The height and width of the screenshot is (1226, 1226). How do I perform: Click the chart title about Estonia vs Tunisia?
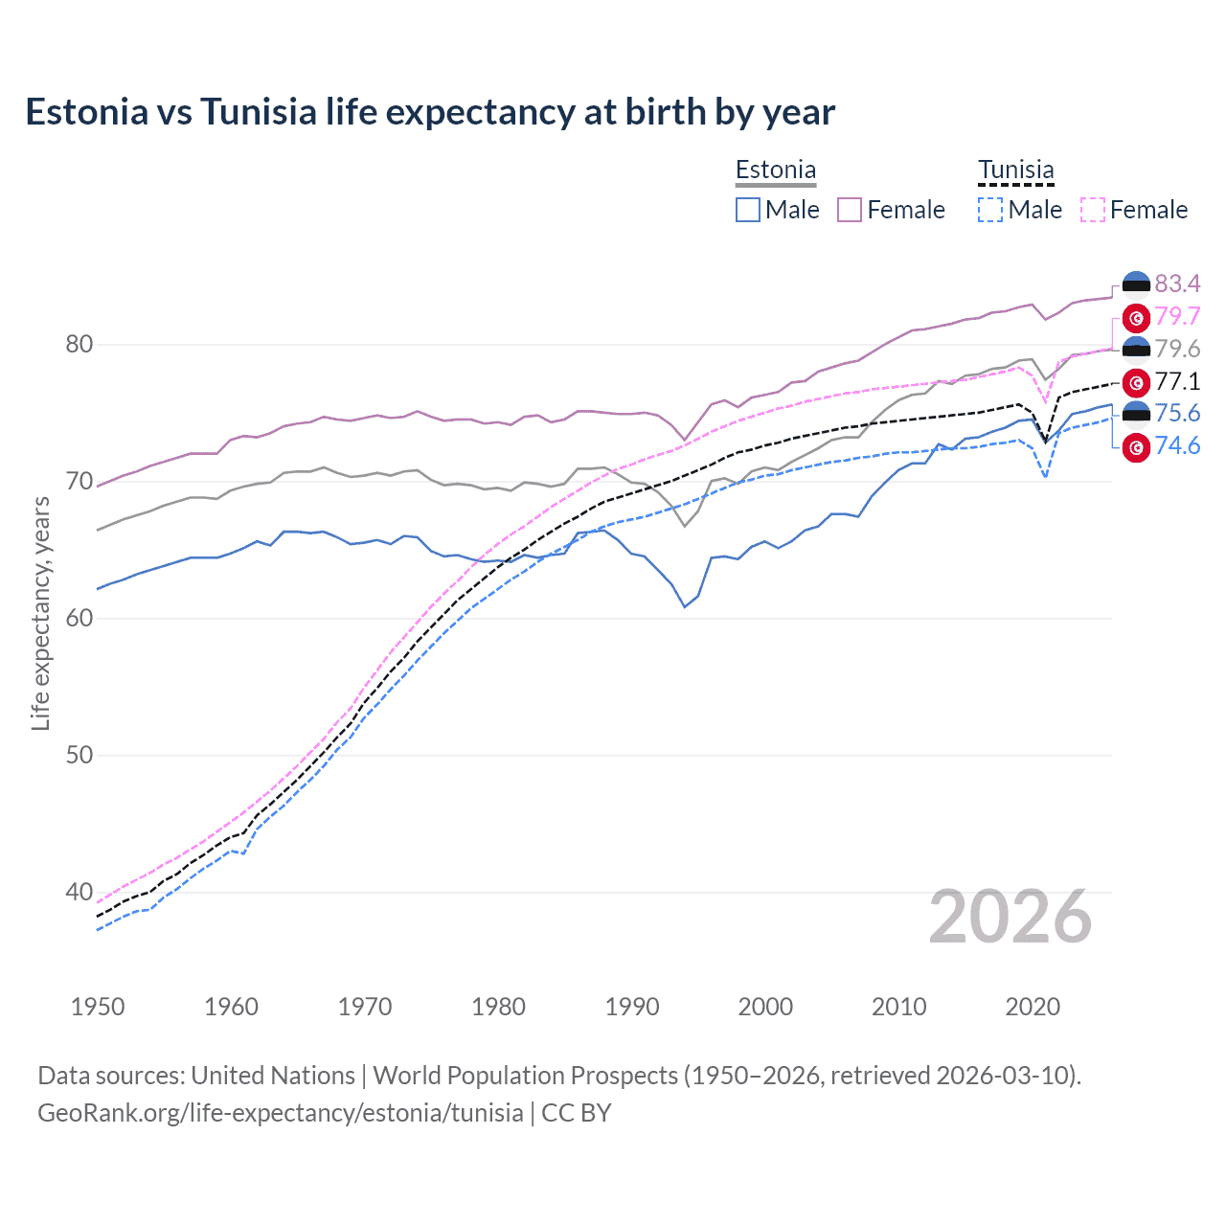(430, 112)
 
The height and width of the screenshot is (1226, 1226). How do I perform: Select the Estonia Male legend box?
(748, 210)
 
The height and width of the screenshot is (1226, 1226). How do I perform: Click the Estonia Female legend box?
(850, 210)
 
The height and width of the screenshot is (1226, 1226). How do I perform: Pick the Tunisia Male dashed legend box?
(990, 210)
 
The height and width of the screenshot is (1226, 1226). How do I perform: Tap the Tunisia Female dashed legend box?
(1093, 210)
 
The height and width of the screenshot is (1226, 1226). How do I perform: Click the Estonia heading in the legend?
(776, 170)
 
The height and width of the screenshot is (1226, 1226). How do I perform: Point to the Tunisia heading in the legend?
(1015, 170)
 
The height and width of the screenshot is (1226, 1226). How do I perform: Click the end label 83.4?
(1177, 284)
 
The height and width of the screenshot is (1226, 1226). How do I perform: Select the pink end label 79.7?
(1177, 316)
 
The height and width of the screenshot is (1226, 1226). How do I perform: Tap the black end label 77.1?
(1177, 381)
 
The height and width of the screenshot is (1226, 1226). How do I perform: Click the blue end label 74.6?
(1177, 445)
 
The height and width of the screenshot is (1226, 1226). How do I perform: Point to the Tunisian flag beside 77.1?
(1136, 382)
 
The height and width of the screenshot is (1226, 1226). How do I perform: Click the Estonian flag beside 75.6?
(1136, 414)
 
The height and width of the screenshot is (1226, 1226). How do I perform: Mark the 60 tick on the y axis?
(79, 618)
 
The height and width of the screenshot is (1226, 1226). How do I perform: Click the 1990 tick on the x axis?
(632, 1007)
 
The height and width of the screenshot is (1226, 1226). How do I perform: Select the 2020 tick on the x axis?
(1033, 1007)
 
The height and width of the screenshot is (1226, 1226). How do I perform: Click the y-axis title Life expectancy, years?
(40, 613)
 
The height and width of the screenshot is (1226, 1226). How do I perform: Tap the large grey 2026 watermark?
(1010, 918)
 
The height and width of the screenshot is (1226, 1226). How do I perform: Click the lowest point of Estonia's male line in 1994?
(685, 606)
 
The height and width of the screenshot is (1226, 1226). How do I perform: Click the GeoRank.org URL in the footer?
(280, 1113)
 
